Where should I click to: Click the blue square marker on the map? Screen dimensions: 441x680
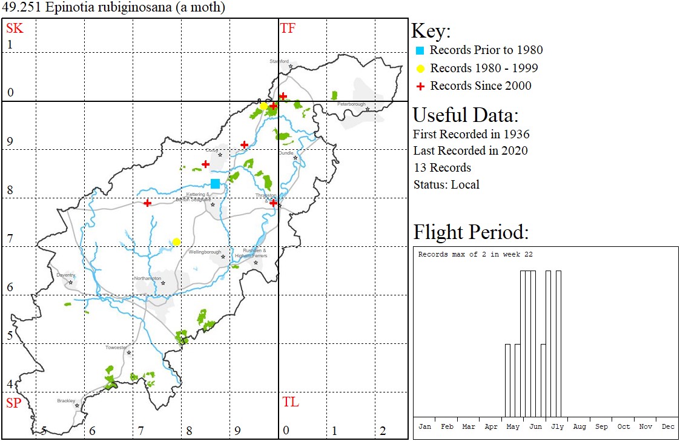(216, 184)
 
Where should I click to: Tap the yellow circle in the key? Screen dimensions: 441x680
(420, 68)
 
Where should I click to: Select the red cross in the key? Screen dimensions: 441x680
(420, 86)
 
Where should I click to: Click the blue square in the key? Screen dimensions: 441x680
(420, 50)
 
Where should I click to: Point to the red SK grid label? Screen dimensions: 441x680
(15, 29)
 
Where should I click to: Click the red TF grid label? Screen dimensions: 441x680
(288, 29)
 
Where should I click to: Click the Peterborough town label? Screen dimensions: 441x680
(351, 104)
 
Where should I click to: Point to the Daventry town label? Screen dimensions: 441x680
(65, 275)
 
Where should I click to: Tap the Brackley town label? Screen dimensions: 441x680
(66, 401)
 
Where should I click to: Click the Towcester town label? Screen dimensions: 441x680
(116, 348)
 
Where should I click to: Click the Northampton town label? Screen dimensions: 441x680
(148, 278)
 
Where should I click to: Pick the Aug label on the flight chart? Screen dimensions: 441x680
(579, 427)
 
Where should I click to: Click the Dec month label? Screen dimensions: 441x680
(667, 427)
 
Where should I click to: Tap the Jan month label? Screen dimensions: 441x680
(424, 427)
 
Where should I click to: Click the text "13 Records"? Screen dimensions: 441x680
(442, 167)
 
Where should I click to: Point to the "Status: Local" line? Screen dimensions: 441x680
(446, 184)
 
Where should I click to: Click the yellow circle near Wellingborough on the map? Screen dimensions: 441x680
(176, 242)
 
